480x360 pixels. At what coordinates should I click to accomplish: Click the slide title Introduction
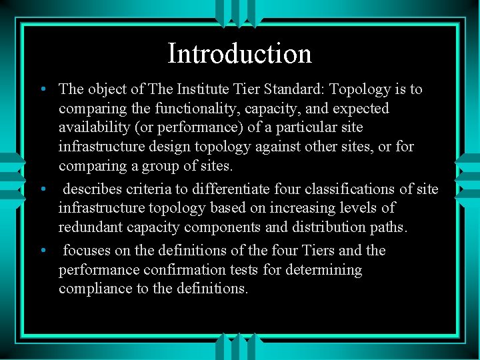coord(240,53)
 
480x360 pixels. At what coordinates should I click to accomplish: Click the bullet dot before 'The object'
coord(42,89)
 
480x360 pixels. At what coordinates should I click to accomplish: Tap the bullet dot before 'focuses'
coord(42,251)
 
